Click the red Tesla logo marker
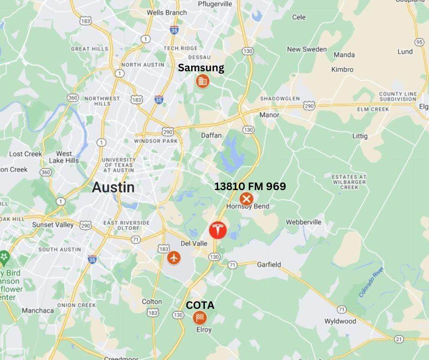(x=218, y=230)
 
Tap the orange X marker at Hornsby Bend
(x=246, y=199)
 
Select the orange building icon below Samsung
(x=202, y=81)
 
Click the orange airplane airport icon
(x=173, y=258)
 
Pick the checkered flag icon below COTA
(x=199, y=318)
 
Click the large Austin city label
(x=113, y=187)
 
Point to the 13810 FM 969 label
(x=250, y=186)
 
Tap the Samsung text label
(x=201, y=68)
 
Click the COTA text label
(x=200, y=305)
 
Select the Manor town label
(x=269, y=115)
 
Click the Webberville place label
(x=303, y=222)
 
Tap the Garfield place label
(x=269, y=265)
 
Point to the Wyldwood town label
(x=340, y=321)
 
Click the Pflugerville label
(x=215, y=4)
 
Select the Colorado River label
(x=371, y=281)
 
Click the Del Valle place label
(x=194, y=244)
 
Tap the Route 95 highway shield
(x=419, y=42)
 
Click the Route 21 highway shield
(x=398, y=339)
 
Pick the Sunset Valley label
(x=53, y=225)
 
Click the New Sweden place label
(x=307, y=49)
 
